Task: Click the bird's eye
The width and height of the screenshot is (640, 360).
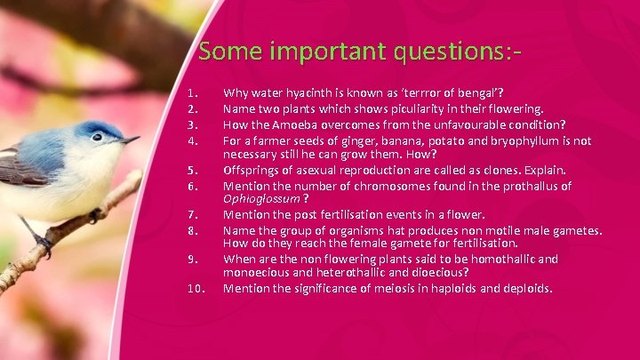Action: click(x=96, y=137)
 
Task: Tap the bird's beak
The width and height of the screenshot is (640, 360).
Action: click(x=130, y=140)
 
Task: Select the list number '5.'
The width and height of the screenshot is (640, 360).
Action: click(x=192, y=170)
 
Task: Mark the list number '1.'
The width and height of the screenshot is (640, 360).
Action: click(x=192, y=92)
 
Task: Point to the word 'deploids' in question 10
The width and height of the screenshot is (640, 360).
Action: click(x=525, y=288)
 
